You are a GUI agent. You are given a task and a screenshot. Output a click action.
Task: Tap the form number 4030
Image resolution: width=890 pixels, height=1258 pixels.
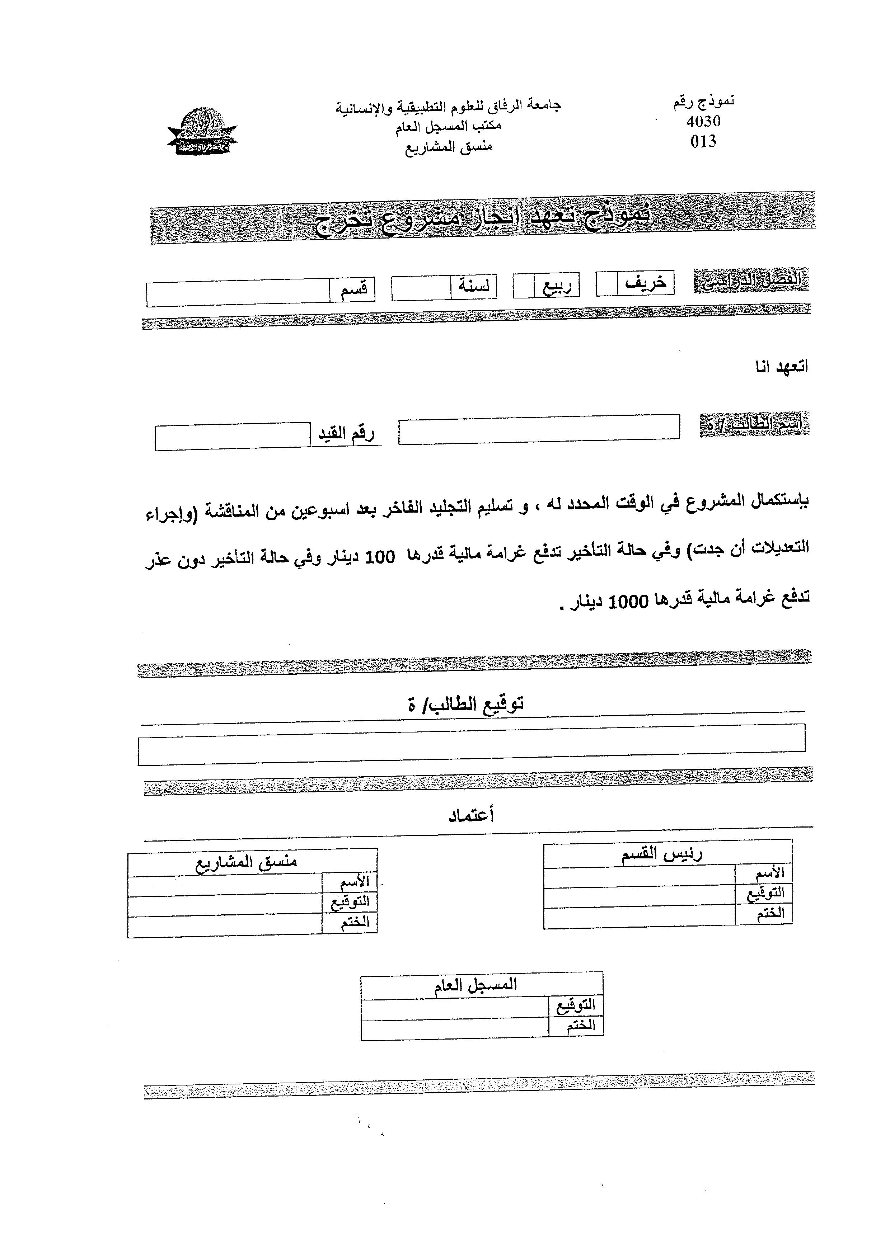point(703,121)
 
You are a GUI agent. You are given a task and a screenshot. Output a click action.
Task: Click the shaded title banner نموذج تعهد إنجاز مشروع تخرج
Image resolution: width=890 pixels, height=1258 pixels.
point(482,217)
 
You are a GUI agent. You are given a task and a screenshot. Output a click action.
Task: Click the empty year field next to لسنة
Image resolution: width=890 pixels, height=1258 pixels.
point(421,288)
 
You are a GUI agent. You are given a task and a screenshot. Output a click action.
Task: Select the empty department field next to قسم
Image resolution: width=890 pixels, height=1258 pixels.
point(238,292)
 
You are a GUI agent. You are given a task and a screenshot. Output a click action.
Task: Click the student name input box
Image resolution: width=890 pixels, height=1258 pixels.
point(539,429)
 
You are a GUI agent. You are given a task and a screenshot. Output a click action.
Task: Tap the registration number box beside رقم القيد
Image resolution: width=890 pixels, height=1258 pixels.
point(232,437)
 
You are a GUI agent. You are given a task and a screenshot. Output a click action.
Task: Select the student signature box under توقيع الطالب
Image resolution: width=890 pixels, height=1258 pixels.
point(471,744)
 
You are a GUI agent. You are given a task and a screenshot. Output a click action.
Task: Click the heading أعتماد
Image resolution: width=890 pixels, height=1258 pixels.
point(471,815)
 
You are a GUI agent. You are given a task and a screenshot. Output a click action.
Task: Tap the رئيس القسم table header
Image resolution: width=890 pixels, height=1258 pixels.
point(667,854)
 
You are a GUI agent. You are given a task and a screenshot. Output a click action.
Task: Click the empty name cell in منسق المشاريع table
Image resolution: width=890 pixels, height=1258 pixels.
point(225,885)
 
